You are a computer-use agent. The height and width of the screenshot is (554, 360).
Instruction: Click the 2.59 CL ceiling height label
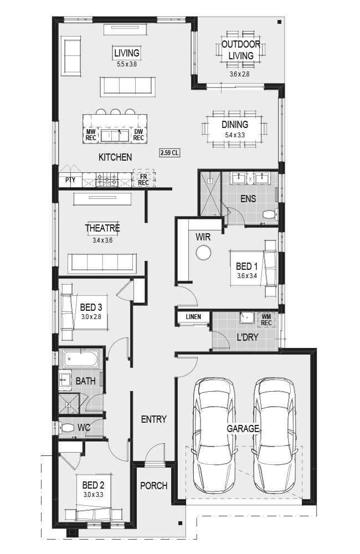click(169, 153)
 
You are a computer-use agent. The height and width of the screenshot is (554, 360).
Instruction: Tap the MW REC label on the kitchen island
click(91, 135)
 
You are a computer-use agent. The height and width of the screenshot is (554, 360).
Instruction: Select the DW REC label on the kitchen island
click(138, 135)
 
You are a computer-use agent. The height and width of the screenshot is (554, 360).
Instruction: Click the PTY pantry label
click(70, 180)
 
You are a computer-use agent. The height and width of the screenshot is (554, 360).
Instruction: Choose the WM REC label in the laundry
click(266, 320)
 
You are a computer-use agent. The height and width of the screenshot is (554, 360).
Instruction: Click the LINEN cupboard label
click(193, 316)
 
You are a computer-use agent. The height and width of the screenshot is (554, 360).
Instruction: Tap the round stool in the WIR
click(203, 253)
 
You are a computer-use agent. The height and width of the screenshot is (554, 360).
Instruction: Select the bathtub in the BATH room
click(81, 358)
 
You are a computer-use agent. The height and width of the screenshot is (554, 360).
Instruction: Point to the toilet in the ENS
click(271, 214)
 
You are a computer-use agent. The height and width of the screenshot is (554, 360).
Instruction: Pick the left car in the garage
click(214, 434)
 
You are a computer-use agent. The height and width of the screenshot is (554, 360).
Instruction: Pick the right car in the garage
click(274, 434)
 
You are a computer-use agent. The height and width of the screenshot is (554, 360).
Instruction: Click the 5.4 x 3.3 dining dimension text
click(235, 135)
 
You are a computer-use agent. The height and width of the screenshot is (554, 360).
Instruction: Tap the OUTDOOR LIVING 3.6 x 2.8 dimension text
click(239, 74)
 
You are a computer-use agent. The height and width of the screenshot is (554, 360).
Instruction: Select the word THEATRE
click(102, 228)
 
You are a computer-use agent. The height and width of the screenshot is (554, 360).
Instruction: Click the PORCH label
click(153, 486)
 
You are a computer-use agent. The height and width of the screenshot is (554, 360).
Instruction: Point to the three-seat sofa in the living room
click(127, 86)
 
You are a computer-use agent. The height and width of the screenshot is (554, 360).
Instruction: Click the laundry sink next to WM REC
click(248, 317)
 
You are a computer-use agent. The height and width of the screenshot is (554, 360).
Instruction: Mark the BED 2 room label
click(93, 485)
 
